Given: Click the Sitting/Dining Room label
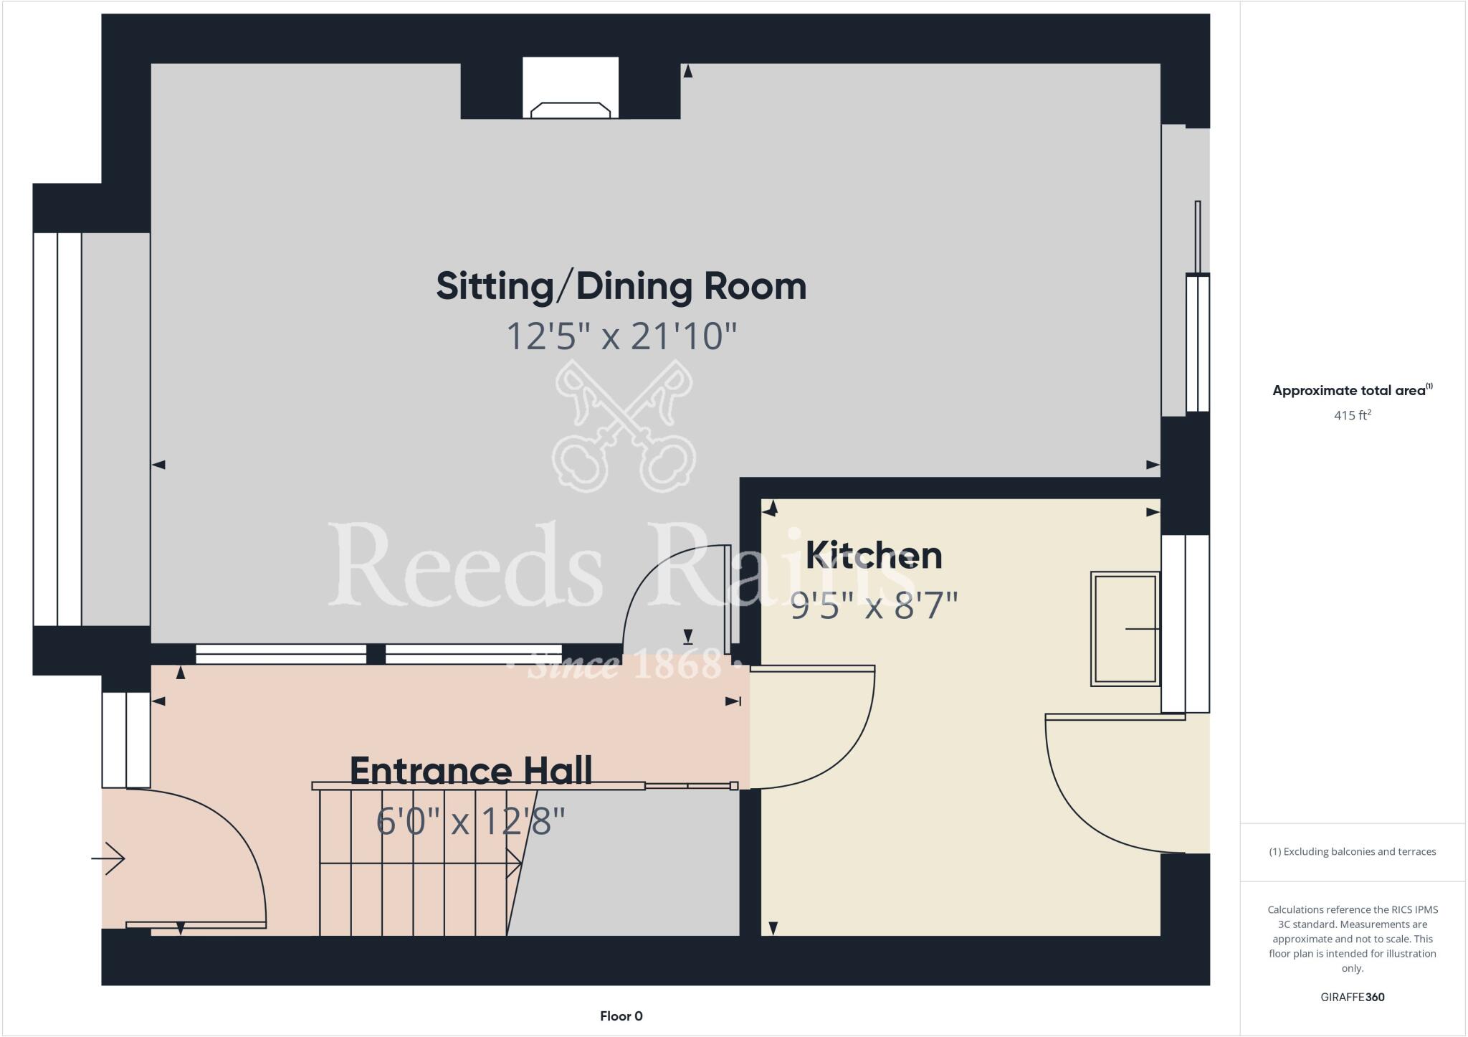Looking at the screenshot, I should [621, 286].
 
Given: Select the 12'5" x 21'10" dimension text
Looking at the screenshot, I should [621, 336].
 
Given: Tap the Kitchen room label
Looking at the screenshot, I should [873, 555].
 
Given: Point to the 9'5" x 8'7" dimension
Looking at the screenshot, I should [873, 606].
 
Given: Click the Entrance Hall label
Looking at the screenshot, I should [470, 771].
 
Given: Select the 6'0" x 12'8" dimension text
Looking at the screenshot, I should [470, 821].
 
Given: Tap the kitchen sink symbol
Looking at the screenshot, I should [1124, 629].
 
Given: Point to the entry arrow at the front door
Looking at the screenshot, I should [109, 858].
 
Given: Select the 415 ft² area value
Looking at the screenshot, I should [1352, 415].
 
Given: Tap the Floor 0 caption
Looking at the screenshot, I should [621, 1015].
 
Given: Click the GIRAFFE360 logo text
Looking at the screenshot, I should [1352, 997].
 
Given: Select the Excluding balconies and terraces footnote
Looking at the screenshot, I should [1352, 851].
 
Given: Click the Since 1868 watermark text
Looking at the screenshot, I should [622, 664].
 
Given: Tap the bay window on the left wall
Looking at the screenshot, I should [57, 429].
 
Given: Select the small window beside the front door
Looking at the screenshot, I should [126, 739].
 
